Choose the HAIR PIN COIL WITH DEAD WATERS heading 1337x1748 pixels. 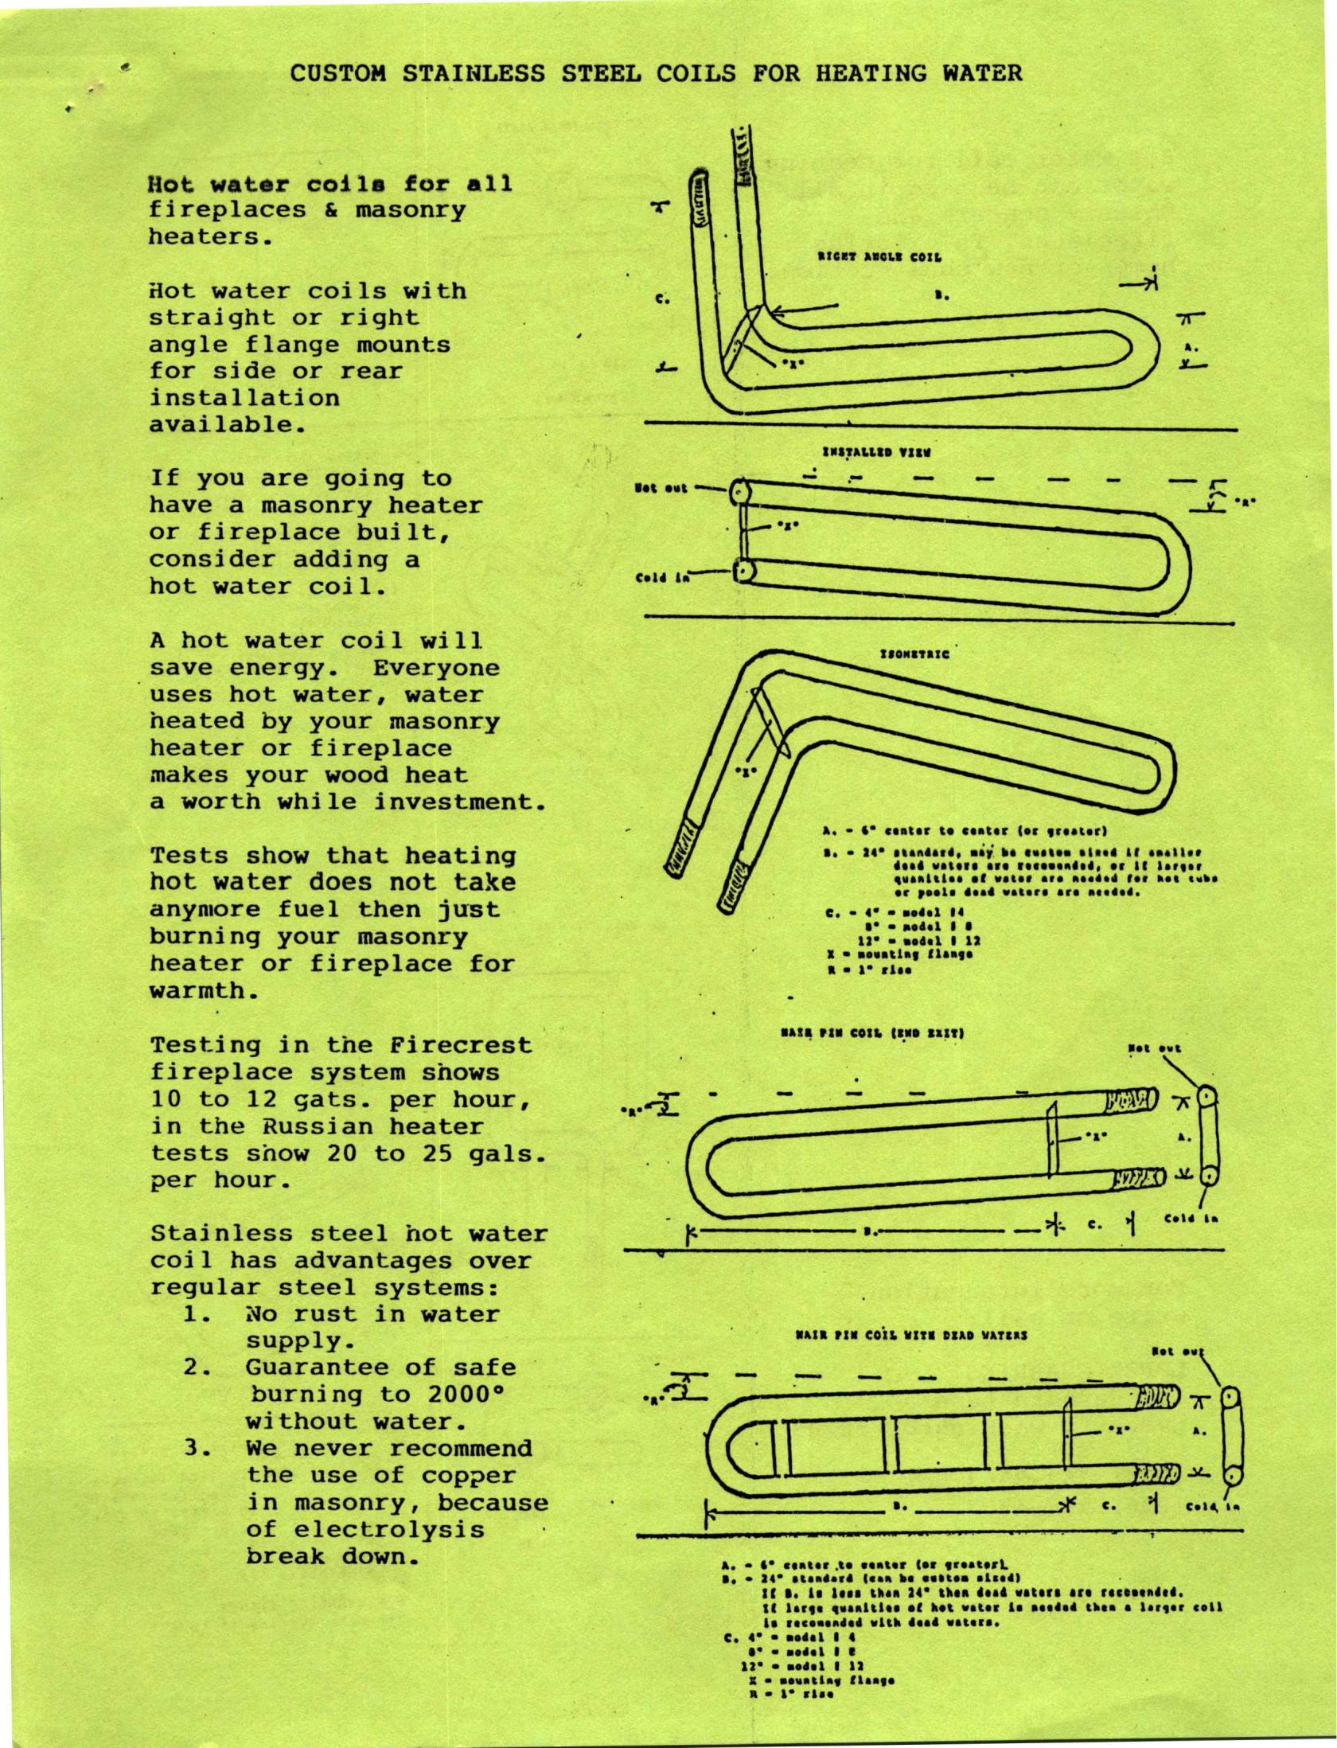(910, 1335)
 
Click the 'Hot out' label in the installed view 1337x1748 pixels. (661, 487)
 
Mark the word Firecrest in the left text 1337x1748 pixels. (461, 1044)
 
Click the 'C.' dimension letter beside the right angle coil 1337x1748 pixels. (662, 300)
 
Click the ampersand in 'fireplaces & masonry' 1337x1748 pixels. (332, 210)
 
